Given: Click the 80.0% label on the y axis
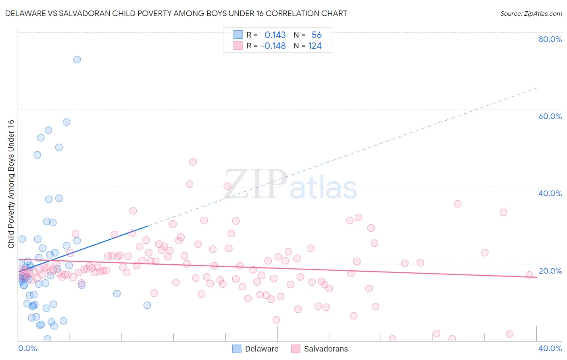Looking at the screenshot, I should pyautogui.click(x=550, y=39).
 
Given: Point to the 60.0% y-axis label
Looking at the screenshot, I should pyautogui.click(x=550, y=116).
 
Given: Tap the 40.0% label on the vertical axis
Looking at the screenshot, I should pyautogui.click(x=550, y=193).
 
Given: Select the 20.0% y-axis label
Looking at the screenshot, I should pyautogui.click(x=550, y=271).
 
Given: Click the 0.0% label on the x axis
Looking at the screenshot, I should pyautogui.click(x=27, y=348).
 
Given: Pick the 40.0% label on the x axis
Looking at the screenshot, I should pyautogui.click(x=550, y=348).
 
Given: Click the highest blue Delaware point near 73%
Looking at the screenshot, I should pyautogui.click(x=77, y=59).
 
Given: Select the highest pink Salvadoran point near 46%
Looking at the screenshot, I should pyautogui.click(x=193, y=162).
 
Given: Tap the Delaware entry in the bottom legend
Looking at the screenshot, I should pyautogui.click(x=261, y=349).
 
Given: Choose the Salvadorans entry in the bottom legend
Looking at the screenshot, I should pyautogui.click(x=325, y=349).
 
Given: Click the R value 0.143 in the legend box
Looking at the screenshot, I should pyautogui.click(x=275, y=35).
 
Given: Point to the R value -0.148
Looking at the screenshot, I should pyautogui.click(x=273, y=46).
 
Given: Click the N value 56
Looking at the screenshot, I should pyautogui.click(x=317, y=35).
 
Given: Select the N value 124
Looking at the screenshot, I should pyautogui.click(x=315, y=46).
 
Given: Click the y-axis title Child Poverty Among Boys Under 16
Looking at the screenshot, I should pyautogui.click(x=11, y=184).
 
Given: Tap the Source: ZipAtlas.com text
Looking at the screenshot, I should pyautogui.click(x=531, y=13).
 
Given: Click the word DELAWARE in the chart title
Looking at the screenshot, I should pyautogui.click(x=27, y=13).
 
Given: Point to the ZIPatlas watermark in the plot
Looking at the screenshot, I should pyautogui.click(x=290, y=185).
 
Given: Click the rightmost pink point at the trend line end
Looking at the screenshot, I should pyautogui.click(x=529, y=275).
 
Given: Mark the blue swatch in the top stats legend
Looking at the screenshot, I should pyautogui.click(x=238, y=35).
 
